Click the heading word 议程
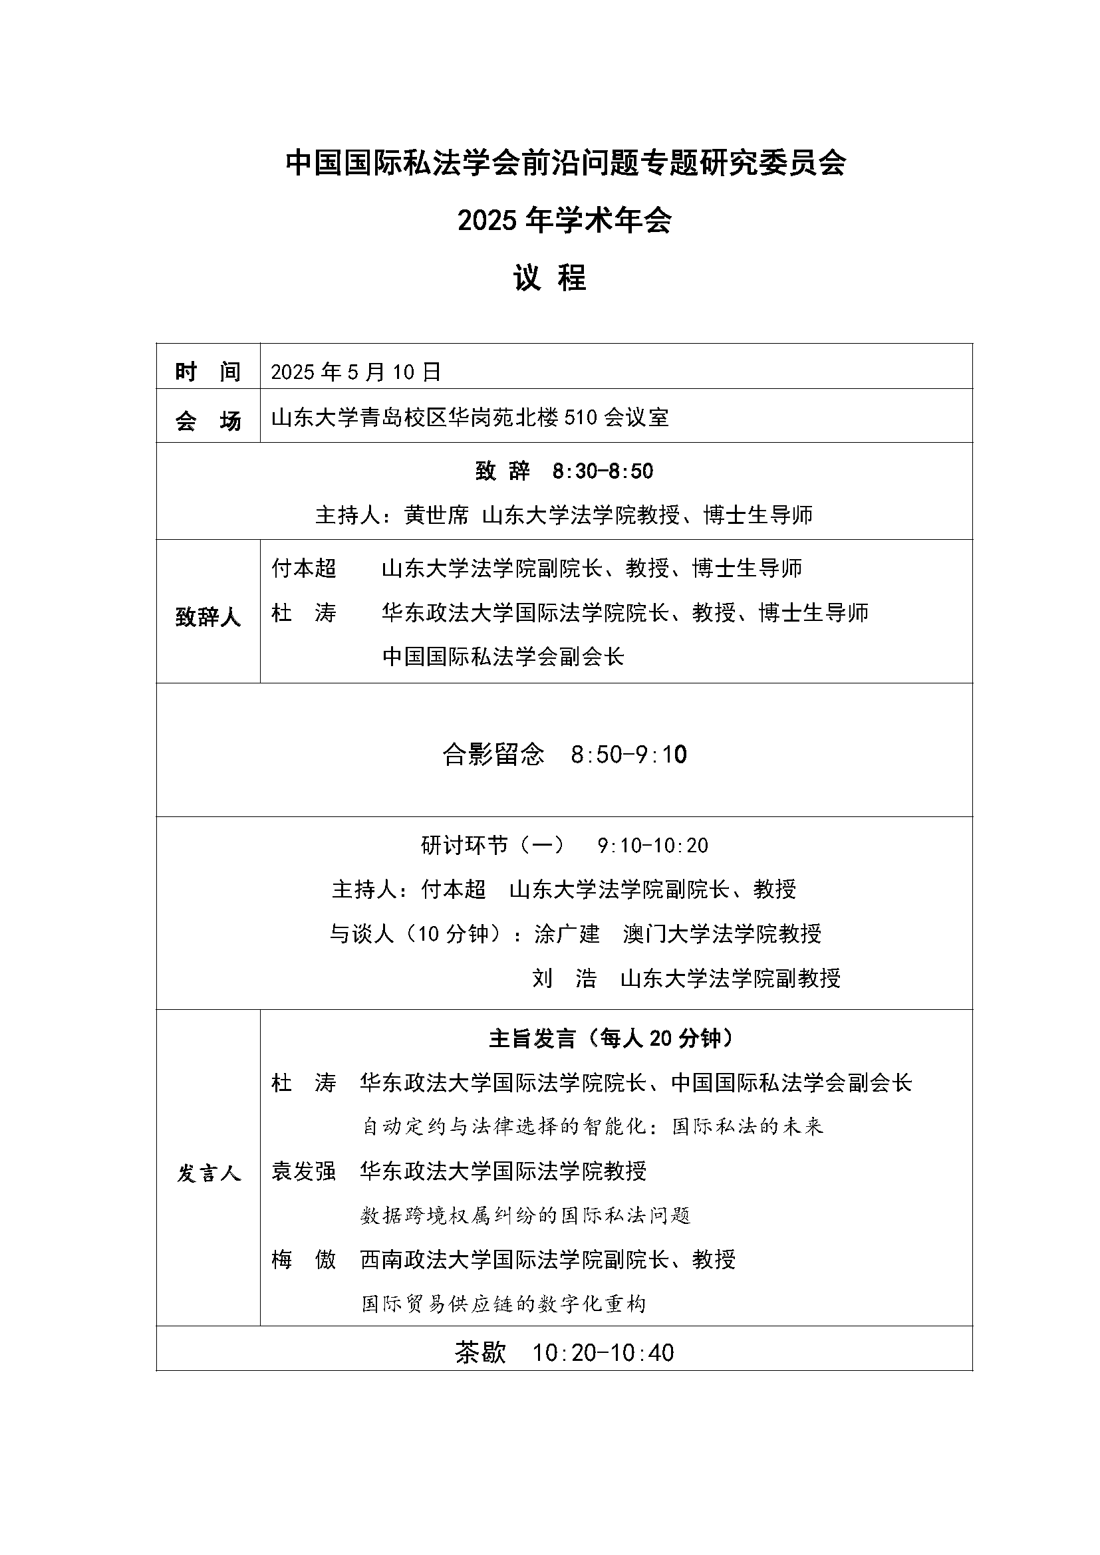549,278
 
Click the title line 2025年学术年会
564,220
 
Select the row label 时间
208,372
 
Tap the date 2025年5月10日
356,372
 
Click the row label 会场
208,421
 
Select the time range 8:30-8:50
603,471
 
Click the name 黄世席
437,515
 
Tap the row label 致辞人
208,616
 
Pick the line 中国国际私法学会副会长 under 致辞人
503,656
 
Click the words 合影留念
493,755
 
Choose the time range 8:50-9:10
628,755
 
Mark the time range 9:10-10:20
653,845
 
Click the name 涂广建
567,934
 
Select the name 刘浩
564,978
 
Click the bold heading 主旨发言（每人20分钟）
611,1038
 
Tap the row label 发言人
209,1173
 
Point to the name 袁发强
303,1171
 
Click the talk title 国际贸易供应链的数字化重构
503,1304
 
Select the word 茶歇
480,1352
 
